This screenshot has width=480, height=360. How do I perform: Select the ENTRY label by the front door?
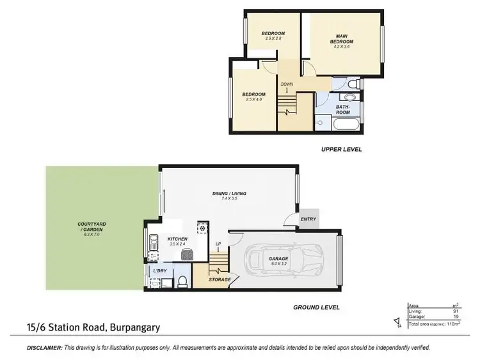coord(308,219)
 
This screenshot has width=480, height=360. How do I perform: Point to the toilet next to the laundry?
coord(182,282)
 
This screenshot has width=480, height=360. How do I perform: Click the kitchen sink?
coord(153,244)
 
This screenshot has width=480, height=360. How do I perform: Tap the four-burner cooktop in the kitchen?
coord(186,254)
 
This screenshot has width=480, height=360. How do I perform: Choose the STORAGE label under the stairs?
coord(220,279)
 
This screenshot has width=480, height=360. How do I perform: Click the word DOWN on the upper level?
coord(286,84)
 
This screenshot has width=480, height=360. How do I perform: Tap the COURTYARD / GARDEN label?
coord(91,226)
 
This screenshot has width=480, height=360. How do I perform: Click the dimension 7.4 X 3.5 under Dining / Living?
coord(229,199)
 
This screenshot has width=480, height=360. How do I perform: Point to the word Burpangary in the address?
coord(131,328)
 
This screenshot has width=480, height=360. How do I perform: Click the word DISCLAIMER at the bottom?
coord(44,347)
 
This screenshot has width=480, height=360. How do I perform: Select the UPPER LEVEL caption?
coord(341,149)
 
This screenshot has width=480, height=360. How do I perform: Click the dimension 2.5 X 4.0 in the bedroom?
coord(253,99)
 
